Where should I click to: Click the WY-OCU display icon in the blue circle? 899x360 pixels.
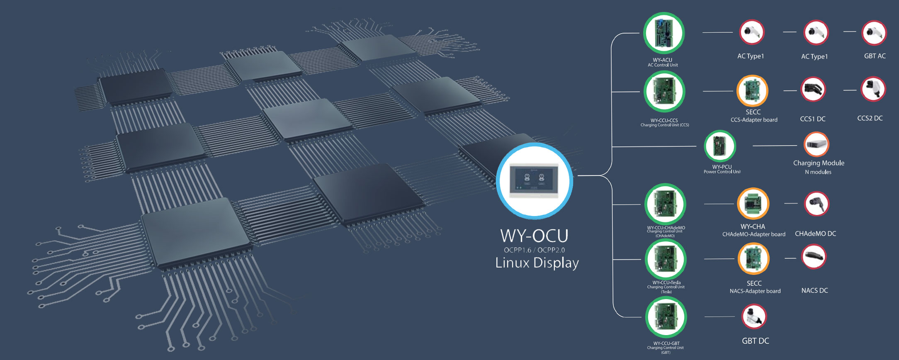[535, 181]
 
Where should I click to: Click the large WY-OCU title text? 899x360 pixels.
[534, 236]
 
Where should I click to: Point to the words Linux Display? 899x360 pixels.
[537, 263]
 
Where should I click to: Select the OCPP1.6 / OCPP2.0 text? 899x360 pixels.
[534, 250]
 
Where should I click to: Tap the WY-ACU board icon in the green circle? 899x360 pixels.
[664, 33]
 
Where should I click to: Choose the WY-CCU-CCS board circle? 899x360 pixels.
[664, 92]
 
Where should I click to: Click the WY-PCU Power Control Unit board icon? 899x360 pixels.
[720, 146]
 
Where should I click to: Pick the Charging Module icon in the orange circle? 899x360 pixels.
[816, 144]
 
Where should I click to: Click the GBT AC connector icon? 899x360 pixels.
[874, 33]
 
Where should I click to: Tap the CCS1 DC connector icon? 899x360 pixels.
[813, 90]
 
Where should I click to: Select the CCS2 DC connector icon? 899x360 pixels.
[873, 89]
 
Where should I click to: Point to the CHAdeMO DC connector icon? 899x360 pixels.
[816, 204]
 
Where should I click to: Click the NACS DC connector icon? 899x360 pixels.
[814, 257]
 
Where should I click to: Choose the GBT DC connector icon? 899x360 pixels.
[754, 317]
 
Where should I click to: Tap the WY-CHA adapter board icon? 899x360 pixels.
[753, 204]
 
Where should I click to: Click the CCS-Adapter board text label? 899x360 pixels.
[754, 120]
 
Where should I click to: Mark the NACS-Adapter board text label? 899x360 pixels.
[755, 291]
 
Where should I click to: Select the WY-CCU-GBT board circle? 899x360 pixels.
[666, 317]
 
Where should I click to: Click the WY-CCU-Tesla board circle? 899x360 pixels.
[666, 259]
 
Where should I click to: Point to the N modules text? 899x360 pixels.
[818, 172]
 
